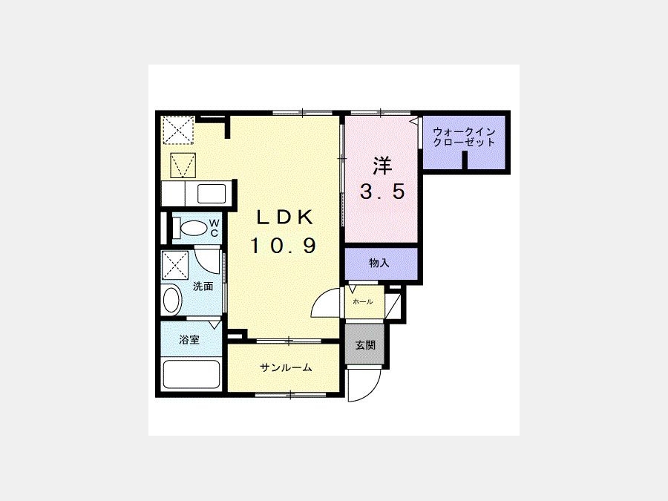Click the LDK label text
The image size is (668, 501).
(284, 217)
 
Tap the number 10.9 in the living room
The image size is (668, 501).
(284, 246)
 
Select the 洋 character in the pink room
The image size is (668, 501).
(382, 166)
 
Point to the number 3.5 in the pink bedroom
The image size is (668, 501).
(382, 191)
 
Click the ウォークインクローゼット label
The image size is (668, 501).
(463, 137)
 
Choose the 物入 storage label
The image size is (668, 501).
(379, 263)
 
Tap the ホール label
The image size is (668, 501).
(362, 302)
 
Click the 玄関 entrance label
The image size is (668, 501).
(365, 345)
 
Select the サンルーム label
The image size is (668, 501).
(286, 367)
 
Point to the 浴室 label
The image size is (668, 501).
(189, 340)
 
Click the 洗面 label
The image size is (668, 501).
(203, 286)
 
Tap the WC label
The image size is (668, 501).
(215, 228)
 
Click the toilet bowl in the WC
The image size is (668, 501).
(192, 228)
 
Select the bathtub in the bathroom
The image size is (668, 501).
(191, 375)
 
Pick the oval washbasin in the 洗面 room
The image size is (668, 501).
(172, 301)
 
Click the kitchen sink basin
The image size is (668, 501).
(212, 194)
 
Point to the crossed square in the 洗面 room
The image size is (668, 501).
(174, 266)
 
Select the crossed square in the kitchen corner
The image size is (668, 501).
(178, 130)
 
